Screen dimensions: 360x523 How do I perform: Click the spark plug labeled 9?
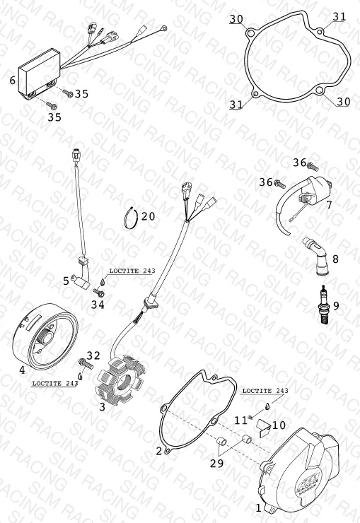323,305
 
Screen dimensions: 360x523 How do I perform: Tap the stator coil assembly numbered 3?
120,379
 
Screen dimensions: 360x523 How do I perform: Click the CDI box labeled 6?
40,74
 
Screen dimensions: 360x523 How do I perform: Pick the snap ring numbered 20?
131,218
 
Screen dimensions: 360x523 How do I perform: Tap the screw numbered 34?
99,293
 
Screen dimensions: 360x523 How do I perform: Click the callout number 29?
216,464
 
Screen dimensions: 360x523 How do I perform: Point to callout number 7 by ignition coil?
330,204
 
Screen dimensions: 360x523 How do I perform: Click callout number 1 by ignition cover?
258,507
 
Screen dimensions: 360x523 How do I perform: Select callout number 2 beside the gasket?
159,451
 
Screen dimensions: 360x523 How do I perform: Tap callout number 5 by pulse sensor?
66,281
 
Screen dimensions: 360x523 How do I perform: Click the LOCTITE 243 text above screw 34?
132,271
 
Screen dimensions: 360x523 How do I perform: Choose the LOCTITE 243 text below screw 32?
55,384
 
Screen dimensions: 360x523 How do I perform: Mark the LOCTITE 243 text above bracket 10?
265,391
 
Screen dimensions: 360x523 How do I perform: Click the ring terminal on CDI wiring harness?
163,29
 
